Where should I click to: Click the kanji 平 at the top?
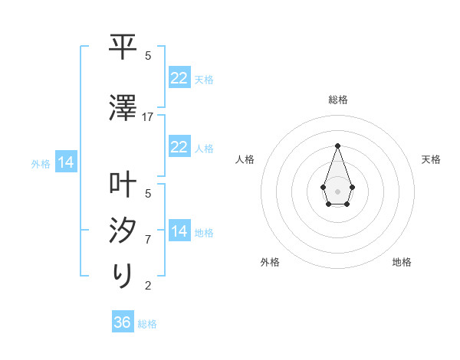click(123, 47)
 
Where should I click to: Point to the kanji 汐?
click(123, 231)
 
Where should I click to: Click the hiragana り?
click(123, 275)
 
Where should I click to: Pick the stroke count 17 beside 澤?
click(148, 116)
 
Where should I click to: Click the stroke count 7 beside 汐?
click(148, 239)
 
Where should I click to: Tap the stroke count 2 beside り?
click(148, 286)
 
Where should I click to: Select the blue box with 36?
click(123, 322)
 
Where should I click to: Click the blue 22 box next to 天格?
click(179, 78)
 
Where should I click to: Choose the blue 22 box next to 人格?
click(179, 147)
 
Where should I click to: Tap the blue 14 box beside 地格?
click(179, 231)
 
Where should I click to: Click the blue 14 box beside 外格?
click(65, 162)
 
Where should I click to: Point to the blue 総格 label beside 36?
click(147, 324)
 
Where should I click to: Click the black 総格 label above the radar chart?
click(338, 100)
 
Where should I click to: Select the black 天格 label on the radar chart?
click(432, 159)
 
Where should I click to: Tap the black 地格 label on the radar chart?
click(402, 262)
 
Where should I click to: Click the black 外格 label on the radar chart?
click(270, 262)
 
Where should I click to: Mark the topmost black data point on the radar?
click(337, 146)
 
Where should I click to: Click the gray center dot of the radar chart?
click(337, 190)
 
